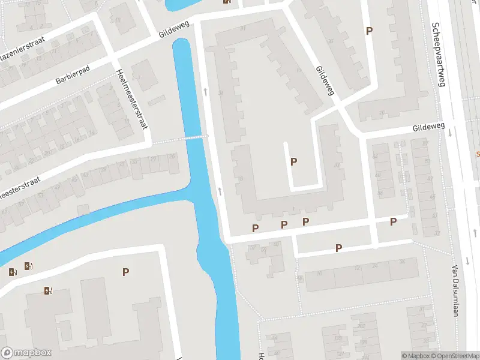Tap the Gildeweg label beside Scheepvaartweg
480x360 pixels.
click(428, 128)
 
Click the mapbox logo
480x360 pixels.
click(26, 353)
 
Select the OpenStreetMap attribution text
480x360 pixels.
click(453, 356)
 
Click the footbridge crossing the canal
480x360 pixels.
click(193, 137)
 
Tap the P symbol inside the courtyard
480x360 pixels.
click(293, 161)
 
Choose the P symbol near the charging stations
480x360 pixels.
click(125, 272)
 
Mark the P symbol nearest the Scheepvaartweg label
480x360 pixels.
click(369, 31)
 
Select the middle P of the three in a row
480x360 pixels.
click(284, 224)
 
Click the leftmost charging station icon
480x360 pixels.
click(13, 272)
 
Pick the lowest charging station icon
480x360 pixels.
click(48, 291)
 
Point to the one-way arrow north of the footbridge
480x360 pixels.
click(205, 92)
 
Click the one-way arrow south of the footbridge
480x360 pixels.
click(220, 191)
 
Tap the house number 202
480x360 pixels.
click(361, 326)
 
